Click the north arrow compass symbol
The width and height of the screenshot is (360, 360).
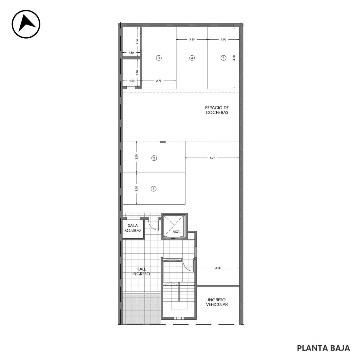[26, 24]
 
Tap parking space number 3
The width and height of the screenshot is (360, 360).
[159, 58]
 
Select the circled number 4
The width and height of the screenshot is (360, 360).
[192, 58]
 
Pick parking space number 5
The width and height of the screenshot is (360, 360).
[224, 58]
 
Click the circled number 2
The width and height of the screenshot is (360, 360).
[154, 158]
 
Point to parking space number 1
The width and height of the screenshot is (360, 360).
[153, 189]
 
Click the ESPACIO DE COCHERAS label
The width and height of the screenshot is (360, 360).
[217, 110]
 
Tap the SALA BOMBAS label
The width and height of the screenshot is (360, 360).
[133, 228]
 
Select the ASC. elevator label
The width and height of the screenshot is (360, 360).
[176, 232]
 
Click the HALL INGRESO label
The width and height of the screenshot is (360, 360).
[141, 272]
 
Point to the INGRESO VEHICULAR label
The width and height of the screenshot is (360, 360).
[217, 302]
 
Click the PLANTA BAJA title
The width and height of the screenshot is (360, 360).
[323, 348]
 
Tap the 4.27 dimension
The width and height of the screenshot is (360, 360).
[212, 158]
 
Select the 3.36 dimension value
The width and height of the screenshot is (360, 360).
[218, 268]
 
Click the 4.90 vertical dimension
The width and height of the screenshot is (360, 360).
[234, 58]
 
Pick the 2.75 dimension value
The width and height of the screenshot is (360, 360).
[159, 81]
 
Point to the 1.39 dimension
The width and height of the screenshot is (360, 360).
[131, 53]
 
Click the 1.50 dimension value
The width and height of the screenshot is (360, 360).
[132, 81]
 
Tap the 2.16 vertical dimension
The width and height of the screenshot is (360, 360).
[137, 73]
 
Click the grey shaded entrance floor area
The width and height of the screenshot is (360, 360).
[141, 309]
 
